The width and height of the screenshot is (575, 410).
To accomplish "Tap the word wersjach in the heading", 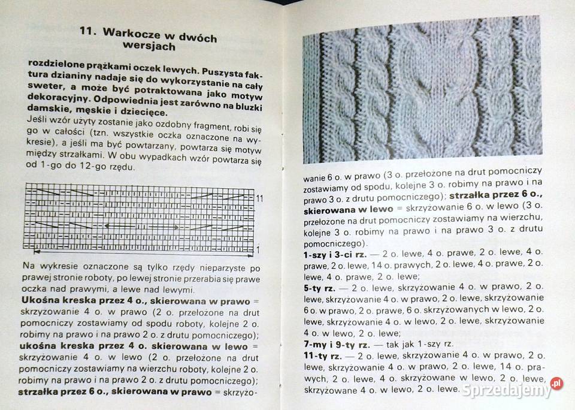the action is click(x=150, y=46).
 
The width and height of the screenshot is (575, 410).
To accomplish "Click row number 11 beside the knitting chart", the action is click(x=260, y=197).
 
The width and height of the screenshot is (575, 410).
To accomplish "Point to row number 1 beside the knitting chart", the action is click(x=258, y=249).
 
